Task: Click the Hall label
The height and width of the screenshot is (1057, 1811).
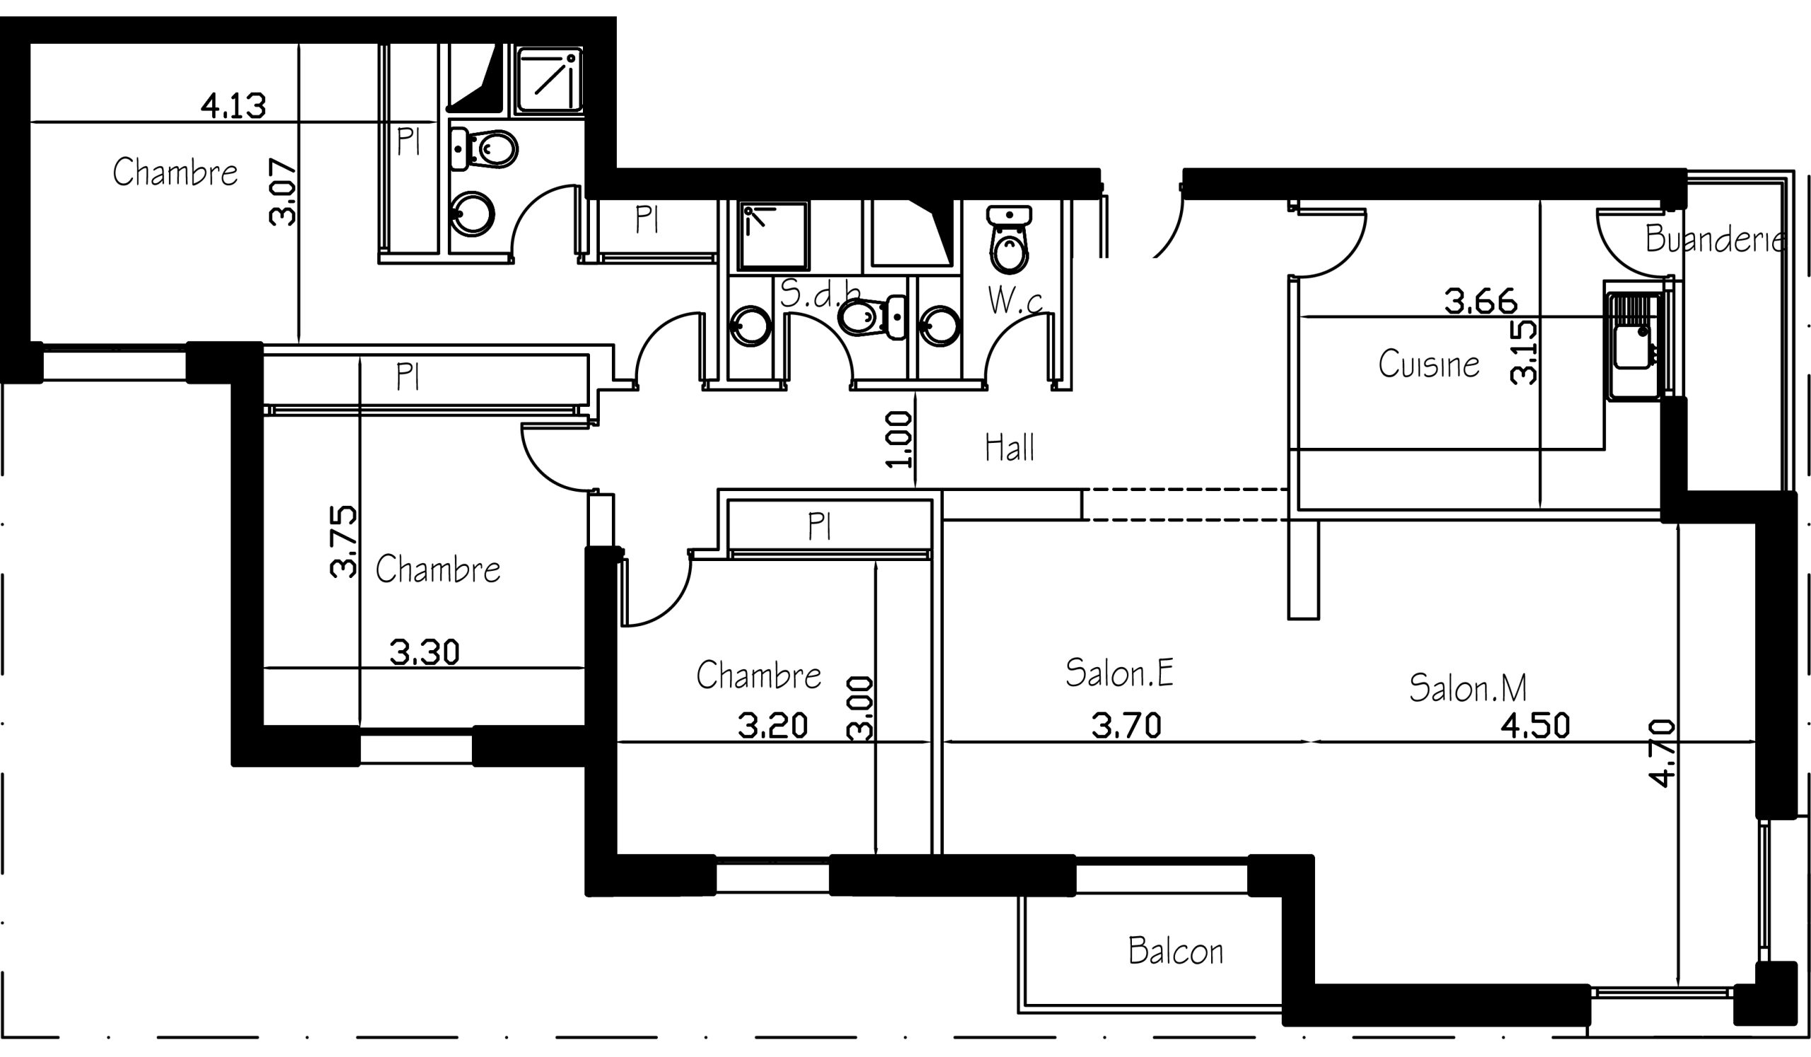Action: (1009, 448)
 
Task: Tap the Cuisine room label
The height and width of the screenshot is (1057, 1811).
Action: (1429, 364)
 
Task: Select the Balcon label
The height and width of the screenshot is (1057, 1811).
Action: (1176, 951)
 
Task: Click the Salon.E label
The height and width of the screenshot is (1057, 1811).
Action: (1120, 673)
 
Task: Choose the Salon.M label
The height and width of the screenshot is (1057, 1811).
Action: (1467, 688)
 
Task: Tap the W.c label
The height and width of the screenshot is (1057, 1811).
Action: (1015, 301)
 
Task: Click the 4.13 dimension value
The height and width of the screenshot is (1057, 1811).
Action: (233, 106)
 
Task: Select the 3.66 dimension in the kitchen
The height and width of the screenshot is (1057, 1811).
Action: (1481, 302)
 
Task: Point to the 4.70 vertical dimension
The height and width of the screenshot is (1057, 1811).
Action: (1663, 753)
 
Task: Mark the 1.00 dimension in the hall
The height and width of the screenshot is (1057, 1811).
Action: (899, 439)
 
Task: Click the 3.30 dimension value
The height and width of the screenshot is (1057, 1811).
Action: (424, 652)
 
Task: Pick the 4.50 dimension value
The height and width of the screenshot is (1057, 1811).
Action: (1535, 726)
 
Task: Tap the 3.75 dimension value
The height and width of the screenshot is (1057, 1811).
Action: (343, 542)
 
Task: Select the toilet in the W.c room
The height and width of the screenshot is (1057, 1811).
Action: (1009, 239)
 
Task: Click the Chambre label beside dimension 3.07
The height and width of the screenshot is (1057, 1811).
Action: (175, 173)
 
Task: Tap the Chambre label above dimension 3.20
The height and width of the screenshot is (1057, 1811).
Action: (759, 675)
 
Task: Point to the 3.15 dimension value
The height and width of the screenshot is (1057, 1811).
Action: (1524, 352)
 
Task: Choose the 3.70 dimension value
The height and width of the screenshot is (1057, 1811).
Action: (1126, 726)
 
